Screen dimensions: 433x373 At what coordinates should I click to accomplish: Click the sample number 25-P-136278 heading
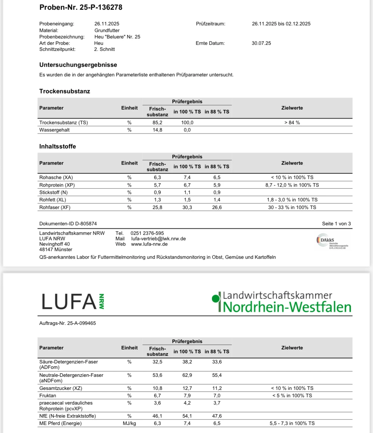81,7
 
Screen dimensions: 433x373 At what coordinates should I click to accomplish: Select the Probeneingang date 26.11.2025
107,24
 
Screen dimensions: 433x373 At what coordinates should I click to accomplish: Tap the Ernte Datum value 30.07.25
261,43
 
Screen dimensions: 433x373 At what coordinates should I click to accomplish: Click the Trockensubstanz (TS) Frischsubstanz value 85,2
157,123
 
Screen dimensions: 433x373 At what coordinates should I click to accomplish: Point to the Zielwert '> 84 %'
292,123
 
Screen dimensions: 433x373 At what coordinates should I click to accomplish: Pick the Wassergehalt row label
54,130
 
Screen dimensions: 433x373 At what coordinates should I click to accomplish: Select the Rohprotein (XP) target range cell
292,185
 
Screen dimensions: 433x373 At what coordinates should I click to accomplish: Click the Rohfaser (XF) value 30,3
187,208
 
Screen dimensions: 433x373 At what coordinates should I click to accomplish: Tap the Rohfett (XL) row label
53,200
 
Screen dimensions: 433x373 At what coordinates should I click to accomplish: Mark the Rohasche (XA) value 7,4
187,178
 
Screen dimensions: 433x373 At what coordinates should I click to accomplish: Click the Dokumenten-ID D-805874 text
68,224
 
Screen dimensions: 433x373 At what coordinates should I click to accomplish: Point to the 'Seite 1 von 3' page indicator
336,224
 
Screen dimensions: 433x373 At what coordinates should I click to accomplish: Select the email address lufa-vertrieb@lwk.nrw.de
158,239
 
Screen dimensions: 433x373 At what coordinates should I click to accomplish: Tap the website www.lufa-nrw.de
149,244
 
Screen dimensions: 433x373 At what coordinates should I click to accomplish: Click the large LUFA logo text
69,302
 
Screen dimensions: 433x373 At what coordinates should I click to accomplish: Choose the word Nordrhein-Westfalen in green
287,307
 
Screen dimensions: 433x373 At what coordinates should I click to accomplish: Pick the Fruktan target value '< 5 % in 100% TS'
292,396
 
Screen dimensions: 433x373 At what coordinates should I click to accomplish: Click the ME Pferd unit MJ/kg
129,423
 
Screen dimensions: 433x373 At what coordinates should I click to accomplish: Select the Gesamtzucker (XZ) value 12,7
187,388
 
